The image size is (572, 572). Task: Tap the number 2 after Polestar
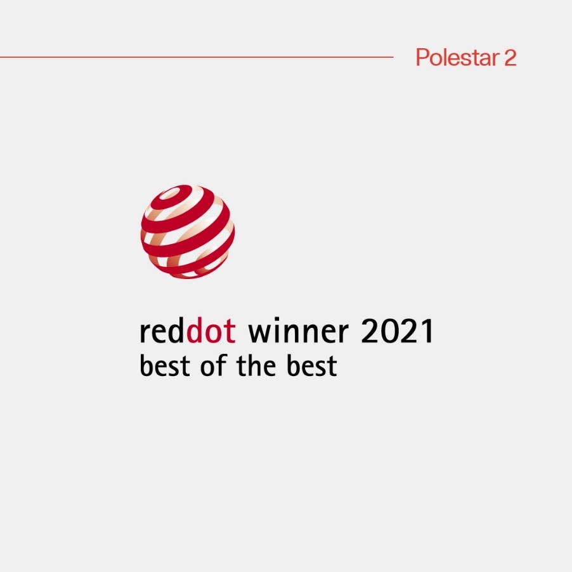(x=510, y=58)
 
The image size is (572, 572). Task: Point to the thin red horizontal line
(x=197, y=57)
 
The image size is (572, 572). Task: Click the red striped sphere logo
(x=188, y=231)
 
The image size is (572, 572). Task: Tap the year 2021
(x=397, y=330)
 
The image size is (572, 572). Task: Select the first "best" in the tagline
(x=165, y=365)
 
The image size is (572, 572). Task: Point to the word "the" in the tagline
(x=256, y=365)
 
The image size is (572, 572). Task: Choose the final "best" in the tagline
(x=311, y=365)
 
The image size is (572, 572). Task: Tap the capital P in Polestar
(x=422, y=57)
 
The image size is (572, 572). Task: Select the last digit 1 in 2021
(x=427, y=330)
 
